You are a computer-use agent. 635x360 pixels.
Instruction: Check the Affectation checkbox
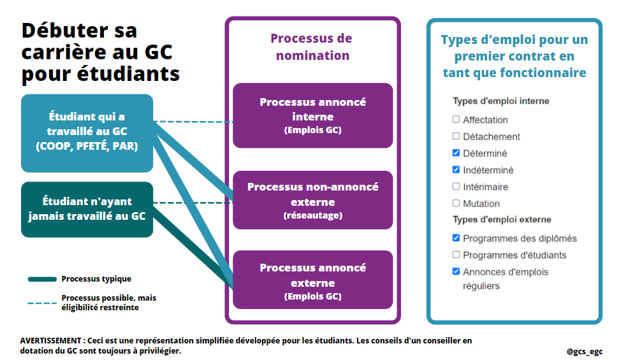coord(456,120)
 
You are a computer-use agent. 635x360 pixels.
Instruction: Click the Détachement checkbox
coord(456,136)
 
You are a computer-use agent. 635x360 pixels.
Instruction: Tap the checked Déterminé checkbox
coord(456,154)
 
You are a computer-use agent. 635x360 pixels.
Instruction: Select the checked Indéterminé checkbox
coord(456,170)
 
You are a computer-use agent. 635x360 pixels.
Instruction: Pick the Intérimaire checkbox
coord(456,187)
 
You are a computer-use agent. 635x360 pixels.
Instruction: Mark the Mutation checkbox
coord(456,203)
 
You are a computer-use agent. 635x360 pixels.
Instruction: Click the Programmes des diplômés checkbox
coord(456,238)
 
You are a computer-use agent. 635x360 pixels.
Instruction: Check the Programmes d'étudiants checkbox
coord(456,255)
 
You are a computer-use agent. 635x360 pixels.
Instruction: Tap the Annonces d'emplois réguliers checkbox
coord(456,271)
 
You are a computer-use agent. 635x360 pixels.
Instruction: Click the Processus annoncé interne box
coord(312,115)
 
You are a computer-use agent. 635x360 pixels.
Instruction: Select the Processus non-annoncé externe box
coord(312,200)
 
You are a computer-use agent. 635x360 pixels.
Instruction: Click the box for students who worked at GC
coord(87,133)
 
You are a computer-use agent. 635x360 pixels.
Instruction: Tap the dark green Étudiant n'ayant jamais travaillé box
coord(87,209)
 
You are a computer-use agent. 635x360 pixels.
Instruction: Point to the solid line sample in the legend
coord(42,279)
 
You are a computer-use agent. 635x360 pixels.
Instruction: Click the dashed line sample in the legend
coord(42,303)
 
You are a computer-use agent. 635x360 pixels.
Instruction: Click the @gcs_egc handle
coord(584,351)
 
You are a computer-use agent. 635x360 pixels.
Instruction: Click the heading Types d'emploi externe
coord(502,220)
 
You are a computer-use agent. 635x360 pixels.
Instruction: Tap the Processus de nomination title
coord(312,47)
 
